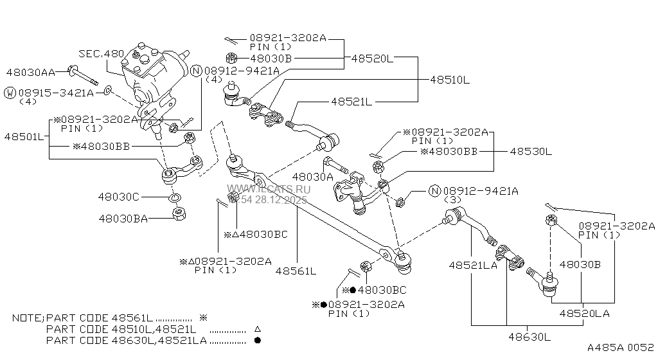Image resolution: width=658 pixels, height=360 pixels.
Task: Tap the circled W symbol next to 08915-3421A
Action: (10, 93)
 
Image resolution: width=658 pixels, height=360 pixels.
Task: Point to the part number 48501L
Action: (24, 136)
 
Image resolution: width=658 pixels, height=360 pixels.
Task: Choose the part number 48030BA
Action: (123, 219)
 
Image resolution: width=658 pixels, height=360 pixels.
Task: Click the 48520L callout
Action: (372, 58)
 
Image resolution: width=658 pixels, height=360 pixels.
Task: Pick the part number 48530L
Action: (530, 152)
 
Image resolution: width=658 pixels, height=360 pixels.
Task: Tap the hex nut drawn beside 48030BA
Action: (179, 214)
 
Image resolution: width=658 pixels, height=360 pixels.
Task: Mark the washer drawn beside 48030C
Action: (175, 196)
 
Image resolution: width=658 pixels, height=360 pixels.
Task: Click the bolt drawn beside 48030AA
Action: (84, 75)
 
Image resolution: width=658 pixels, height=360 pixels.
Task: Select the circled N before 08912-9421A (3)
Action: (434, 191)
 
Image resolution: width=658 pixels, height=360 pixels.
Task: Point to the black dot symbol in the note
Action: (257, 340)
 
